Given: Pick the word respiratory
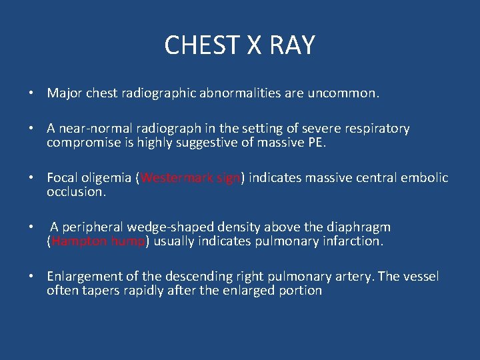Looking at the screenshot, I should point(377,129).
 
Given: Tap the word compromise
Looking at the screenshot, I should point(81,143).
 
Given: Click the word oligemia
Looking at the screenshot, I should point(106,178).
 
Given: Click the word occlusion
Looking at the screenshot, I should point(75,192).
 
